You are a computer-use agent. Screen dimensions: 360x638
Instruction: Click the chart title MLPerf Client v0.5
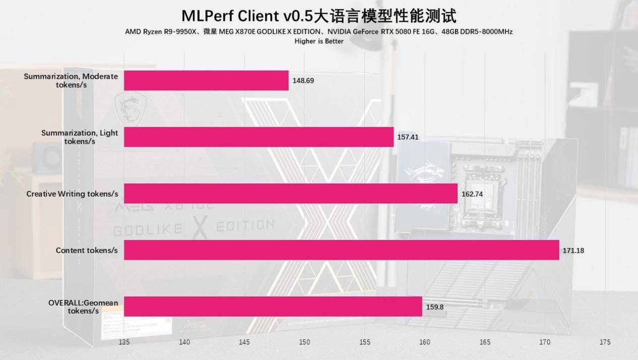pos(318,16)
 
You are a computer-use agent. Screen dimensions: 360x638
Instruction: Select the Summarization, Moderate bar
pos(206,81)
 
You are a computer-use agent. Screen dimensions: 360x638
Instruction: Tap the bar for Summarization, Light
pos(259,137)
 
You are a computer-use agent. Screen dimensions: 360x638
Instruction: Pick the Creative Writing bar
pos(290,194)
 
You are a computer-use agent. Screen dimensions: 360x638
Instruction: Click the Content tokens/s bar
pos(341,250)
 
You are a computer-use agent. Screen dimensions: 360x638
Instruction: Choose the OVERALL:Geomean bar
pos(273,307)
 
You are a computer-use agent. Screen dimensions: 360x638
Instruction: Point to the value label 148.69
pos(303,81)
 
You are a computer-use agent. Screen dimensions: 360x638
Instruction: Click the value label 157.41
pos(408,137)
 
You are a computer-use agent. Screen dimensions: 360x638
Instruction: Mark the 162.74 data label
pos(472,194)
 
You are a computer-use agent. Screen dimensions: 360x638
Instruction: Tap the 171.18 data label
pos(573,250)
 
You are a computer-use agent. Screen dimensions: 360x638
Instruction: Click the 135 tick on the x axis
pos(124,342)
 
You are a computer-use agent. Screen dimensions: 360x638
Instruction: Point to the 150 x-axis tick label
pos(304,342)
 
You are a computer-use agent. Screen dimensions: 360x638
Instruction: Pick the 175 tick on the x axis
pos(605,342)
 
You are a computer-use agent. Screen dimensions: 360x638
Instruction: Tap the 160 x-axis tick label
pos(424,342)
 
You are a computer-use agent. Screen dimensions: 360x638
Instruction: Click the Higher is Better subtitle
pos(318,41)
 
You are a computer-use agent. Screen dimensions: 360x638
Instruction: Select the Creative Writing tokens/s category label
pos(72,194)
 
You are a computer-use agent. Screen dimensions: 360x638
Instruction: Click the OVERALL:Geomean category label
pos(83,307)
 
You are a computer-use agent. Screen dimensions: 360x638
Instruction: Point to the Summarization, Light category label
pos(80,137)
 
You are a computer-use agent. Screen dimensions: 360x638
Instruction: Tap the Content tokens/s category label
pos(87,250)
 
